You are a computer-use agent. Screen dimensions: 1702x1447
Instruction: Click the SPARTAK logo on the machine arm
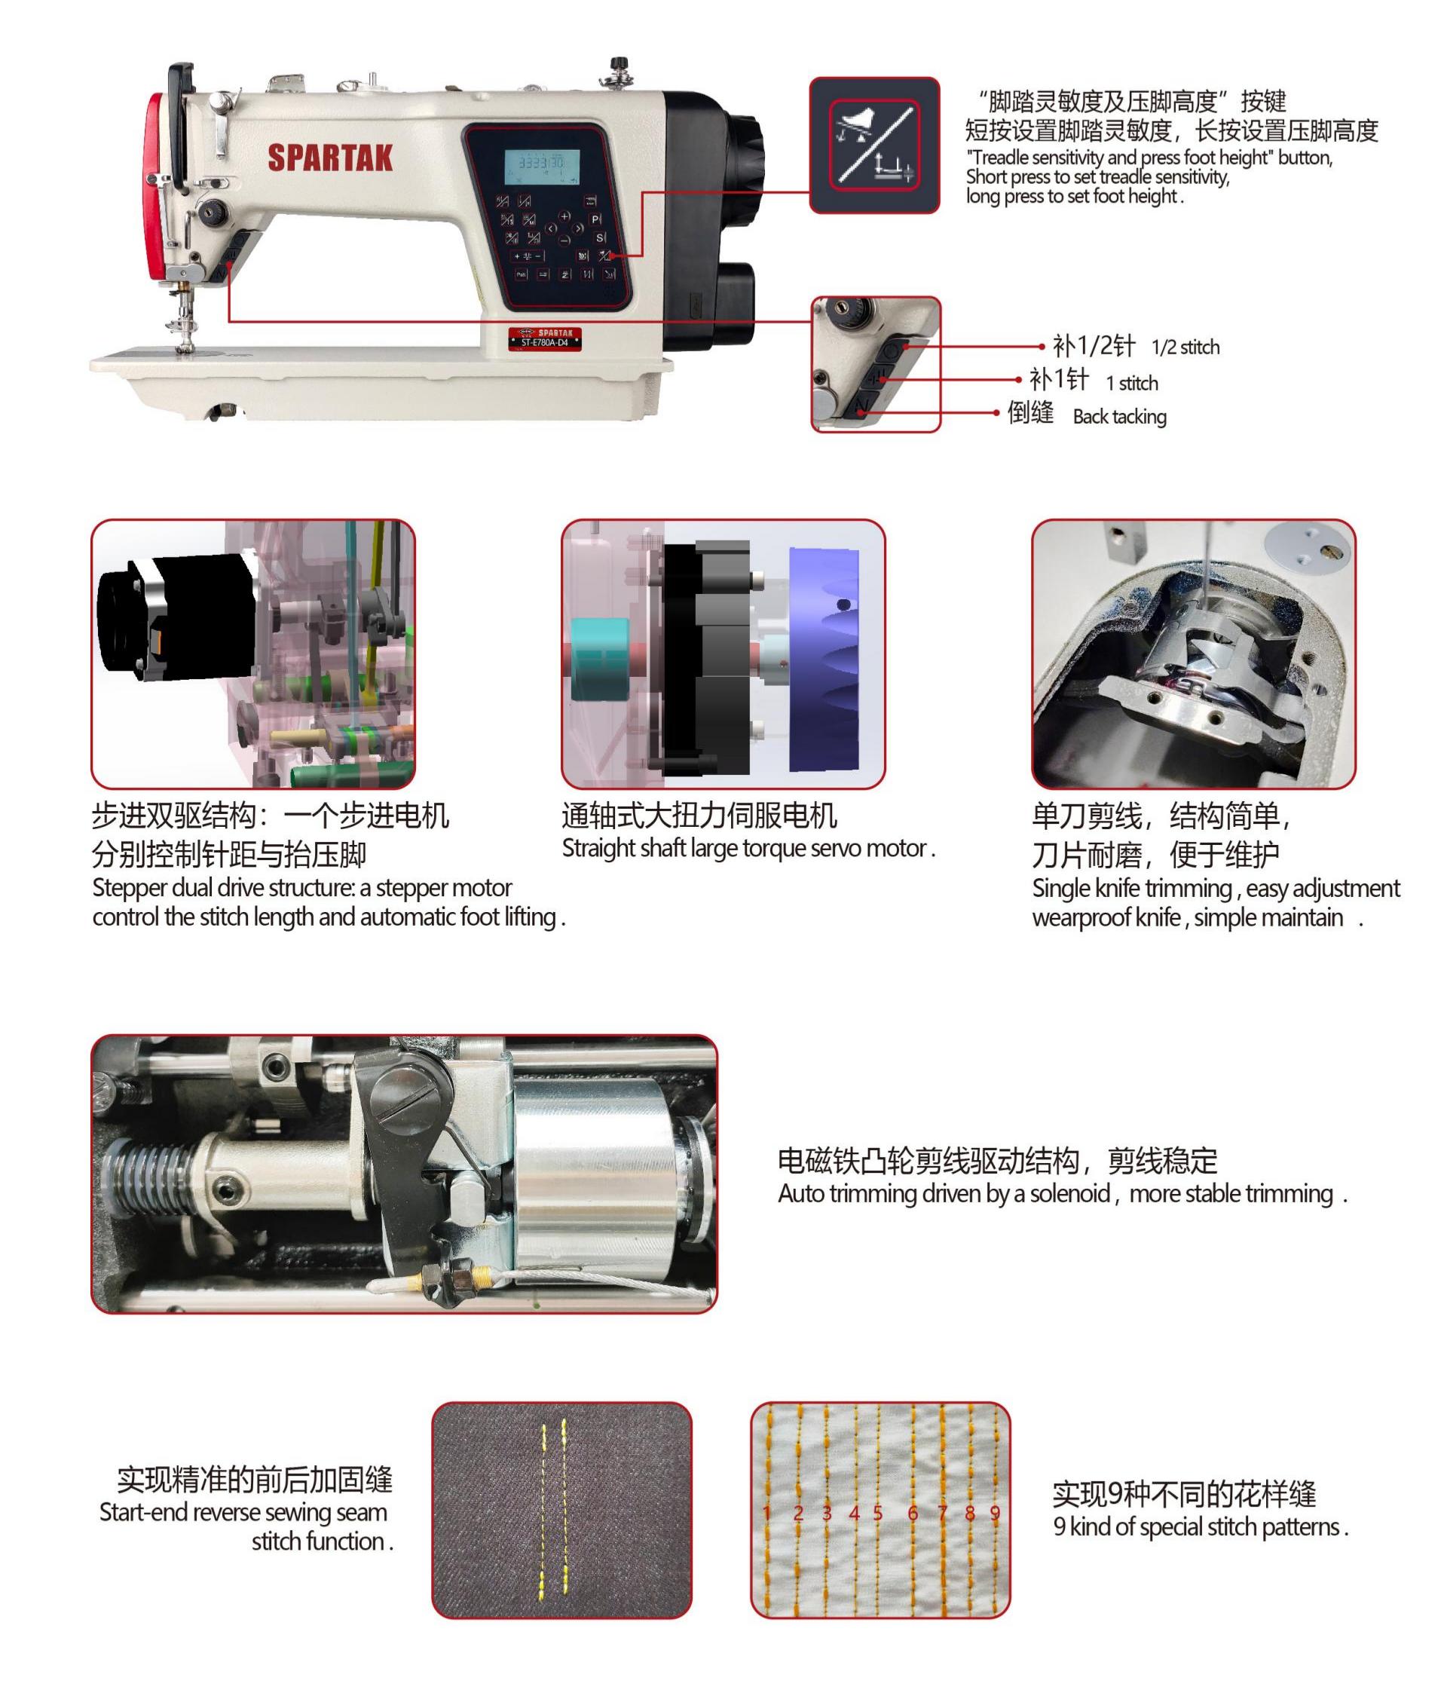coord(330,158)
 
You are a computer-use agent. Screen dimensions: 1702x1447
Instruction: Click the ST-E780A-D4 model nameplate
coord(545,338)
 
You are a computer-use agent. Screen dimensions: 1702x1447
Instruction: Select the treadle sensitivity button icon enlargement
coord(873,145)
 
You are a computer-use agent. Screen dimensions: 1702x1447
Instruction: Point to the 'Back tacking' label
coord(1119,417)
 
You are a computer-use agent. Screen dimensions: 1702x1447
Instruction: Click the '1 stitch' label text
coord(1131,383)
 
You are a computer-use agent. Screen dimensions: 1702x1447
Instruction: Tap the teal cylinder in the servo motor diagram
coord(598,660)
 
